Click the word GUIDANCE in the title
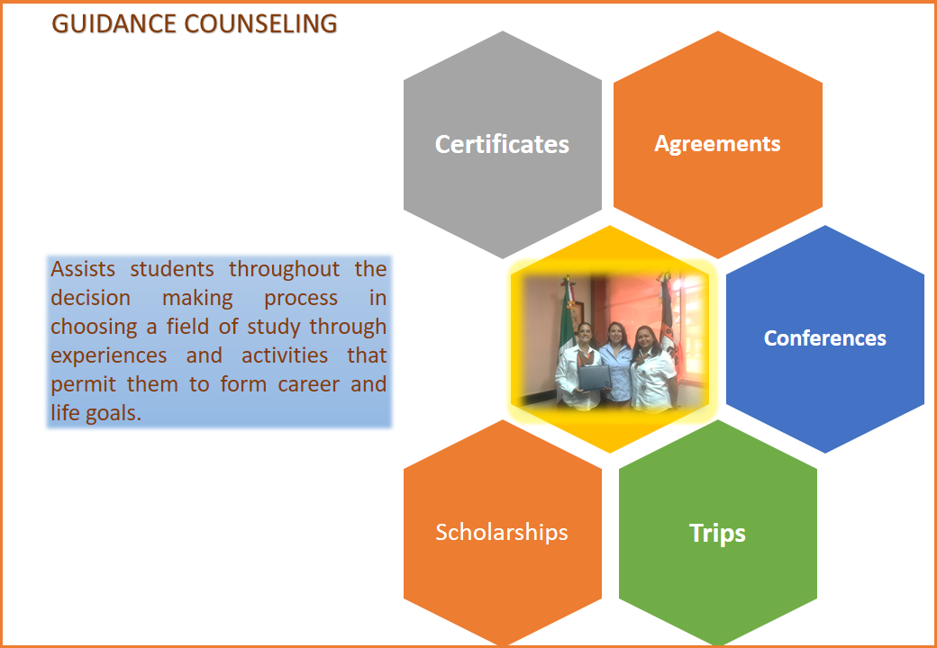[114, 24]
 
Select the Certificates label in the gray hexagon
[502, 144]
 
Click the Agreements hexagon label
[717, 144]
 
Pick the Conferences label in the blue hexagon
[824, 338]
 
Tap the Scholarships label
[501, 532]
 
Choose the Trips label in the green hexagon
[717, 533]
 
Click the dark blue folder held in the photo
[594, 378]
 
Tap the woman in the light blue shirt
[616, 364]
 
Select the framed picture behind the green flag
[578, 316]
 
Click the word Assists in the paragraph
[83, 269]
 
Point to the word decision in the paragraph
[90, 298]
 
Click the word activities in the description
[285, 355]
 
